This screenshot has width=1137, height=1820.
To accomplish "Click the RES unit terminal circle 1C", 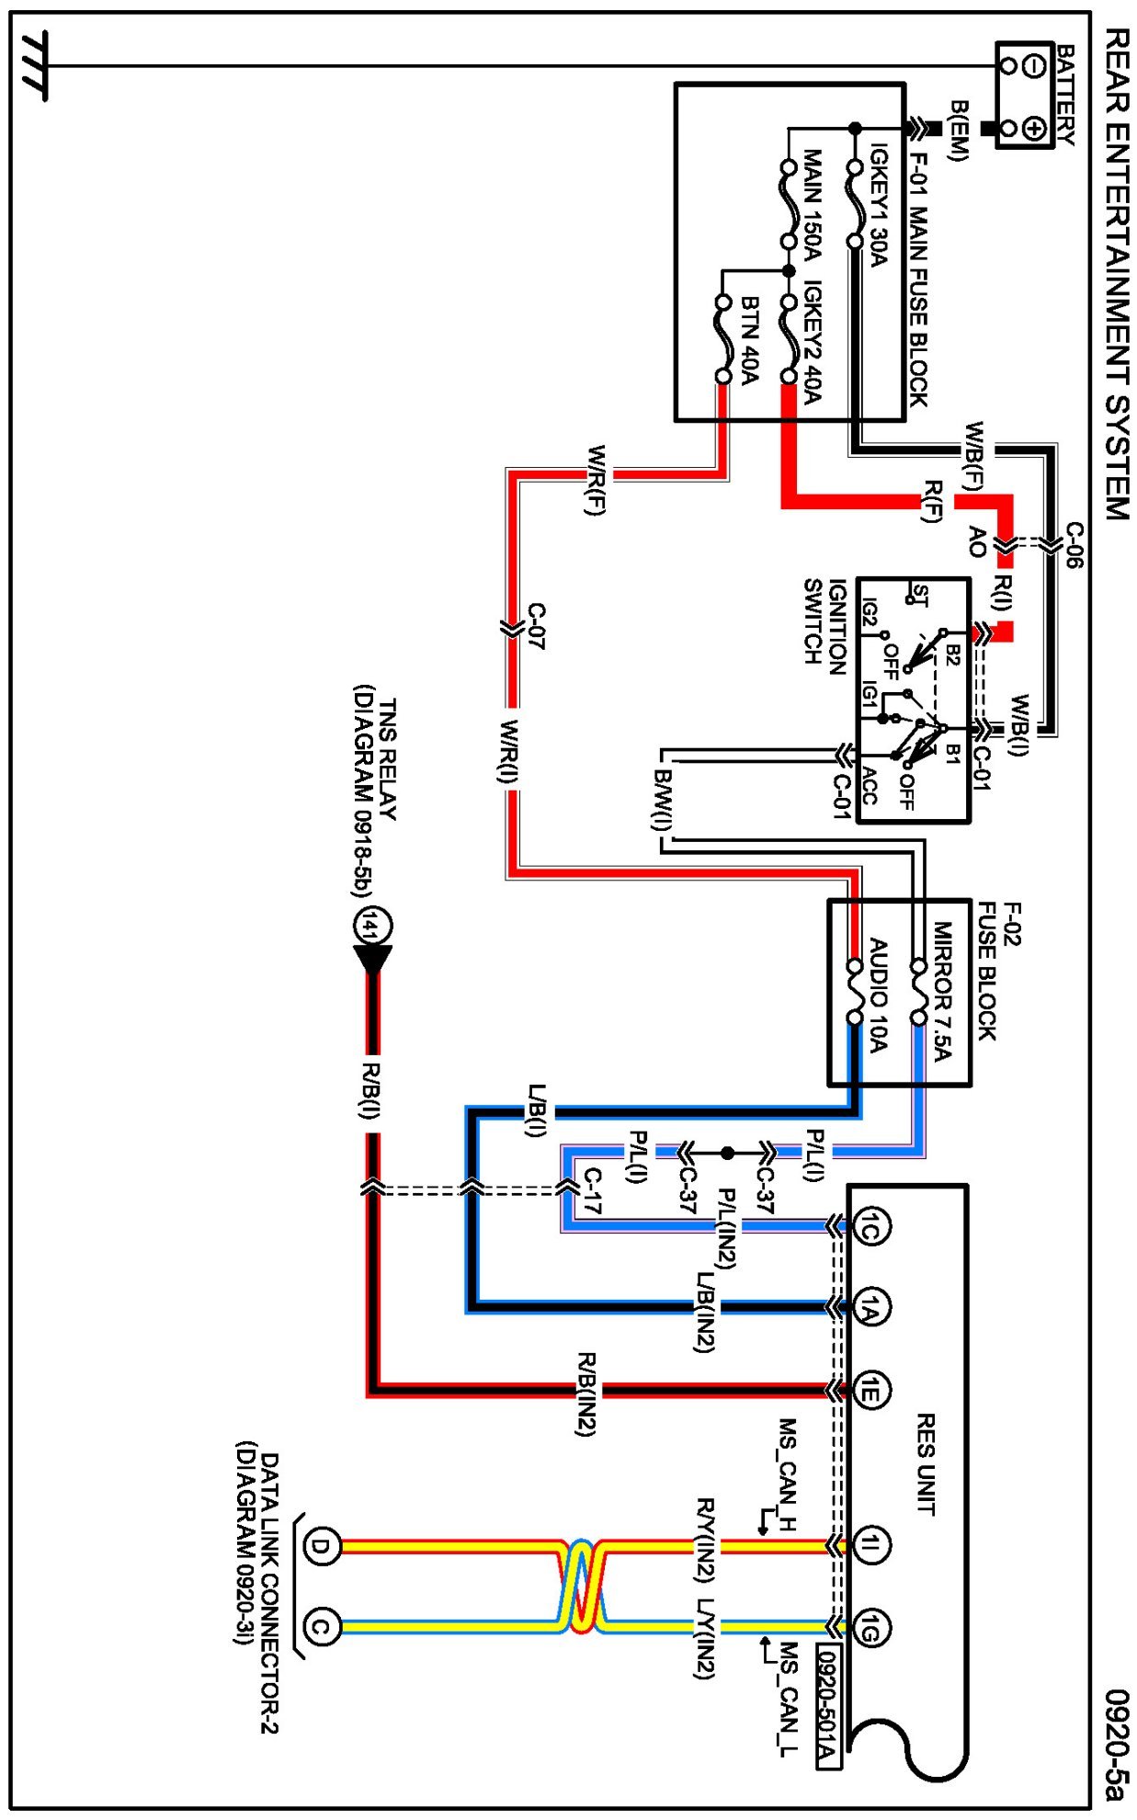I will coord(870,1227).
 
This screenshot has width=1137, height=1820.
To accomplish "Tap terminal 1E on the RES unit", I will coord(870,1391).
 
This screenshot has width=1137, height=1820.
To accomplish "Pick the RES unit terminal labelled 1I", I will coord(870,1545).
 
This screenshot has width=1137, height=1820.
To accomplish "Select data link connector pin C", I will coord(320,1628).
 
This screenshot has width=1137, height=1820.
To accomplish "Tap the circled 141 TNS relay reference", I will coord(372,927).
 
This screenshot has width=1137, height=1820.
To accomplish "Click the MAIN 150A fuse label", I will coord(812,204).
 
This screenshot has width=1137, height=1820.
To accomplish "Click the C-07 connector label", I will coord(536,627).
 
